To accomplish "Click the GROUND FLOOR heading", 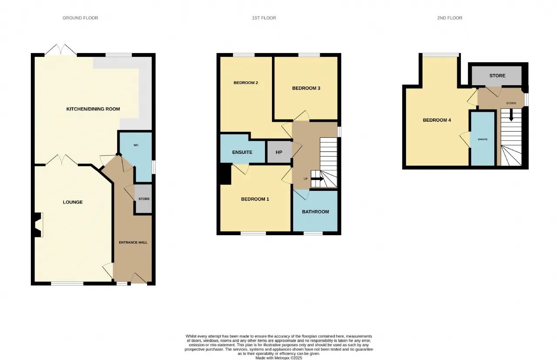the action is [x=81, y=18].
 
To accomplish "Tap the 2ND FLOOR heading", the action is [x=450, y=18].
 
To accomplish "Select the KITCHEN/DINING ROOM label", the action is [x=93, y=109].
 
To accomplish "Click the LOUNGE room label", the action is [x=73, y=202].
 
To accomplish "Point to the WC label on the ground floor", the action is [x=136, y=145].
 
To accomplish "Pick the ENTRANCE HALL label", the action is [x=133, y=243].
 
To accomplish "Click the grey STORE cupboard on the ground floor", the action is [x=143, y=199].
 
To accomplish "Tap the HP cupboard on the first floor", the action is [x=279, y=152].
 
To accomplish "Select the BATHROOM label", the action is [x=315, y=212].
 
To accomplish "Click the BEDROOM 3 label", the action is [x=306, y=88].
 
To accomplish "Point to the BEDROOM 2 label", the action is [x=246, y=83].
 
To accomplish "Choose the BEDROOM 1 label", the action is [x=255, y=199].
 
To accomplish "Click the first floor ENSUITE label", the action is [x=242, y=152].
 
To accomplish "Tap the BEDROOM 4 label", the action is [x=437, y=120].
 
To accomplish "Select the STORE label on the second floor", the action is [x=497, y=76].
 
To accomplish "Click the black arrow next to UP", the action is [x=317, y=179].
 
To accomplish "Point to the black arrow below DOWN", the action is [x=511, y=115].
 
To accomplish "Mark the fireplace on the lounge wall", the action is [x=37, y=225].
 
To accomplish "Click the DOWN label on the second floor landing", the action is [x=511, y=103].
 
